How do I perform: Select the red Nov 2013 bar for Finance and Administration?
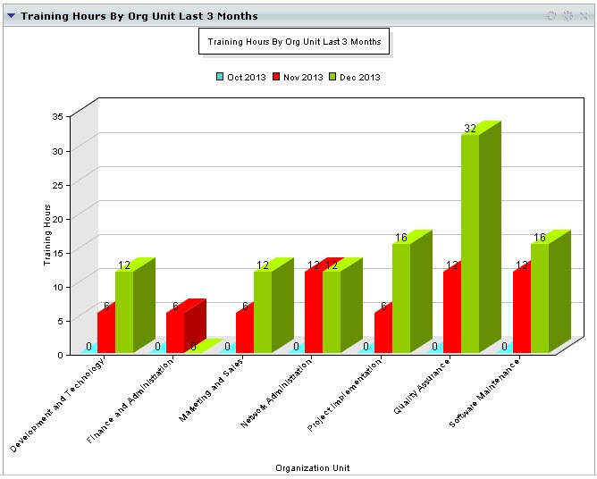click(175, 332)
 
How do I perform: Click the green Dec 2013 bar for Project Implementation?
click(401, 298)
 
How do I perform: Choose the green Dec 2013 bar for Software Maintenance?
click(540, 298)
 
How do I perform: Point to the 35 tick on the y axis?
click(57, 116)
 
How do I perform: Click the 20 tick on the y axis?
click(57, 218)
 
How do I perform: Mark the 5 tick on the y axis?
click(60, 320)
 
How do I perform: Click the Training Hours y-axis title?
click(47, 235)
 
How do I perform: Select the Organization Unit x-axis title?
click(312, 467)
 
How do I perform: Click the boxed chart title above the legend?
click(294, 41)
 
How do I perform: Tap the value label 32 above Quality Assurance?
click(470, 129)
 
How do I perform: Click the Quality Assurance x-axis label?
click(423, 385)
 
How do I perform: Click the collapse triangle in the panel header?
click(12, 15)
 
